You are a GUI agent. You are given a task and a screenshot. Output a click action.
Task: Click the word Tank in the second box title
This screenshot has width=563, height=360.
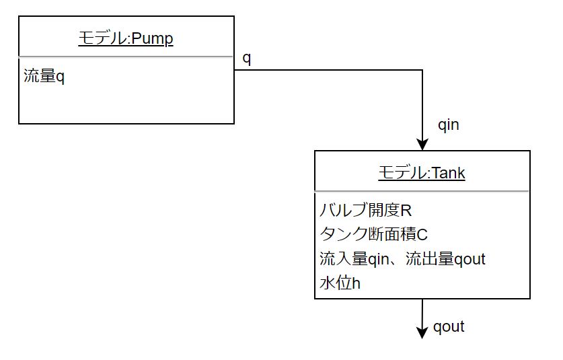pyautogui.click(x=448, y=174)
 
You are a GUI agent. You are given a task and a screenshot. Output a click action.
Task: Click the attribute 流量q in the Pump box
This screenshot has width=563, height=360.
pyautogui.click(x=44, y=76)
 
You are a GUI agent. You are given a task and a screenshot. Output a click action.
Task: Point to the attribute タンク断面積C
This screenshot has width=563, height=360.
pyautogui.click(x=373, y=234)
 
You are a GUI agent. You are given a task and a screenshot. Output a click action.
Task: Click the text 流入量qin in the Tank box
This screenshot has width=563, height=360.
pyautogui.click(x=357, y=258)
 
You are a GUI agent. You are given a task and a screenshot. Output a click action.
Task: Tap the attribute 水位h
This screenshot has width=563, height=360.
pyautogui.click(x=340, y=283)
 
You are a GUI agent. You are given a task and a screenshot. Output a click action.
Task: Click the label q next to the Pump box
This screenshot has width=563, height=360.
pyautogui.click(x=246, y=59)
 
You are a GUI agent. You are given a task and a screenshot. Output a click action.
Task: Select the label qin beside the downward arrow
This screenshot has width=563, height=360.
pyautogui.click(x=448, y=124)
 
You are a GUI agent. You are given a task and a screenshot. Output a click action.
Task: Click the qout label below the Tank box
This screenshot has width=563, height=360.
pyautogui.click(x=449, y=327)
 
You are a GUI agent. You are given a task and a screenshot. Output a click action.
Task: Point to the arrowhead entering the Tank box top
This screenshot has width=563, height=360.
pyautogui.click(x=422, y=145)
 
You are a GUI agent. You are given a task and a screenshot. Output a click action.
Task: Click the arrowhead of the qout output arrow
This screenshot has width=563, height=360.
pyautogui.click(x=422, y=332)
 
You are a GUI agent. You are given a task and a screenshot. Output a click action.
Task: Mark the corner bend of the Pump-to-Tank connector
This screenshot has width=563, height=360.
pyautogui.click(x=422, y=69)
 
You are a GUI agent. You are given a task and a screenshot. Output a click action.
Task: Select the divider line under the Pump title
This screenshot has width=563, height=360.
pyautogui.click(x=126, y=57)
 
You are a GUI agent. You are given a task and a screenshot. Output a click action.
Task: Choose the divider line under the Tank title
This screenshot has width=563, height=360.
pyautogui.click(x=422, y=191)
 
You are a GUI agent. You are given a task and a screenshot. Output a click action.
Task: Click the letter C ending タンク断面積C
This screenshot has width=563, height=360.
pyautogui.click(x=422, y=234)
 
